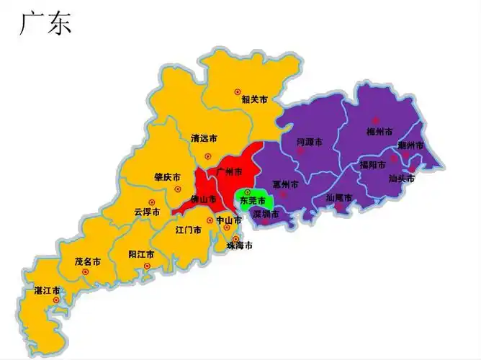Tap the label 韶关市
click(254, 99)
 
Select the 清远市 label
click(204, 138)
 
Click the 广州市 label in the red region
click(229, 171)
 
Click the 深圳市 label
click(265, 214)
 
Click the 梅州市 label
click(379, 132)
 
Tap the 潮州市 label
click(411, 145)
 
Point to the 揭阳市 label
click(373, 165)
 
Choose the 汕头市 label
click(401, 178)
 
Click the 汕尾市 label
click(338, 197)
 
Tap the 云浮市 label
click(146, 212)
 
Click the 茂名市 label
click(87, 261)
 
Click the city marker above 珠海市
click(235, 238)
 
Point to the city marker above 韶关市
click(238, 91)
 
